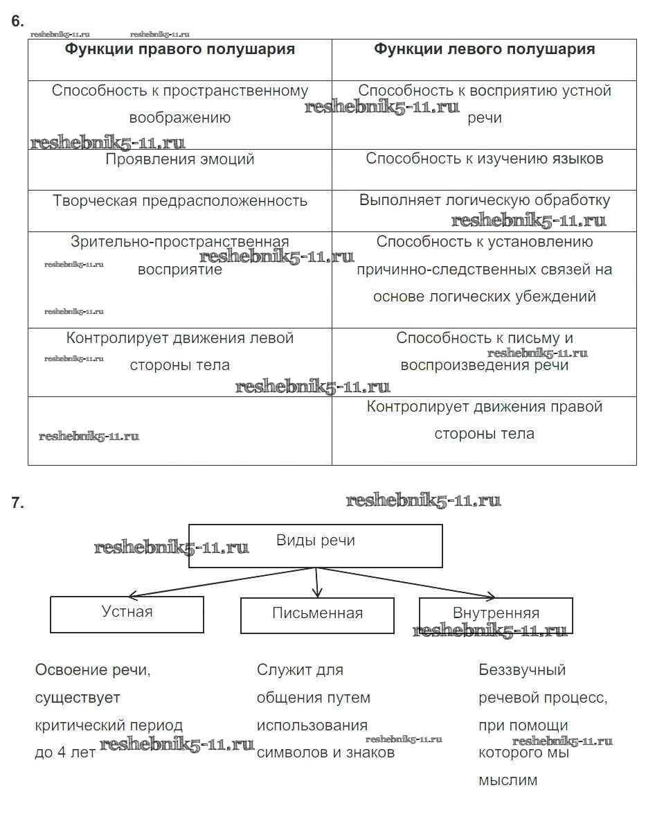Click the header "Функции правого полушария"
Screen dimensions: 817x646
(180, 49)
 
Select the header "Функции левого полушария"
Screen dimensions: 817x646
(484, 49)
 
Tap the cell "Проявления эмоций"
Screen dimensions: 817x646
(180, 159)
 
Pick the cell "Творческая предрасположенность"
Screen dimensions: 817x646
(180, 201)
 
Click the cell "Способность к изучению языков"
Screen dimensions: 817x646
(484, 159)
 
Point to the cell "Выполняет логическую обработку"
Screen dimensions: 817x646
(484, 200)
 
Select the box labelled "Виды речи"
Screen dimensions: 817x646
(315, 545)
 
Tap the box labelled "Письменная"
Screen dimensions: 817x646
(317, 615)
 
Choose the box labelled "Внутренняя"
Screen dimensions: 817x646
(496, 614)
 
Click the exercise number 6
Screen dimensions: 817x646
(17, 21)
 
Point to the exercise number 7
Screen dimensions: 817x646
(17, 504)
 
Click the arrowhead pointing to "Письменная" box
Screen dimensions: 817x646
(317, 592)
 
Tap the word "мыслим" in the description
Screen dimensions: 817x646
(508, 780)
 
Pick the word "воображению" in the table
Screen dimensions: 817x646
(180, 118)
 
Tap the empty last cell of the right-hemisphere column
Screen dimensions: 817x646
(180, 430)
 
